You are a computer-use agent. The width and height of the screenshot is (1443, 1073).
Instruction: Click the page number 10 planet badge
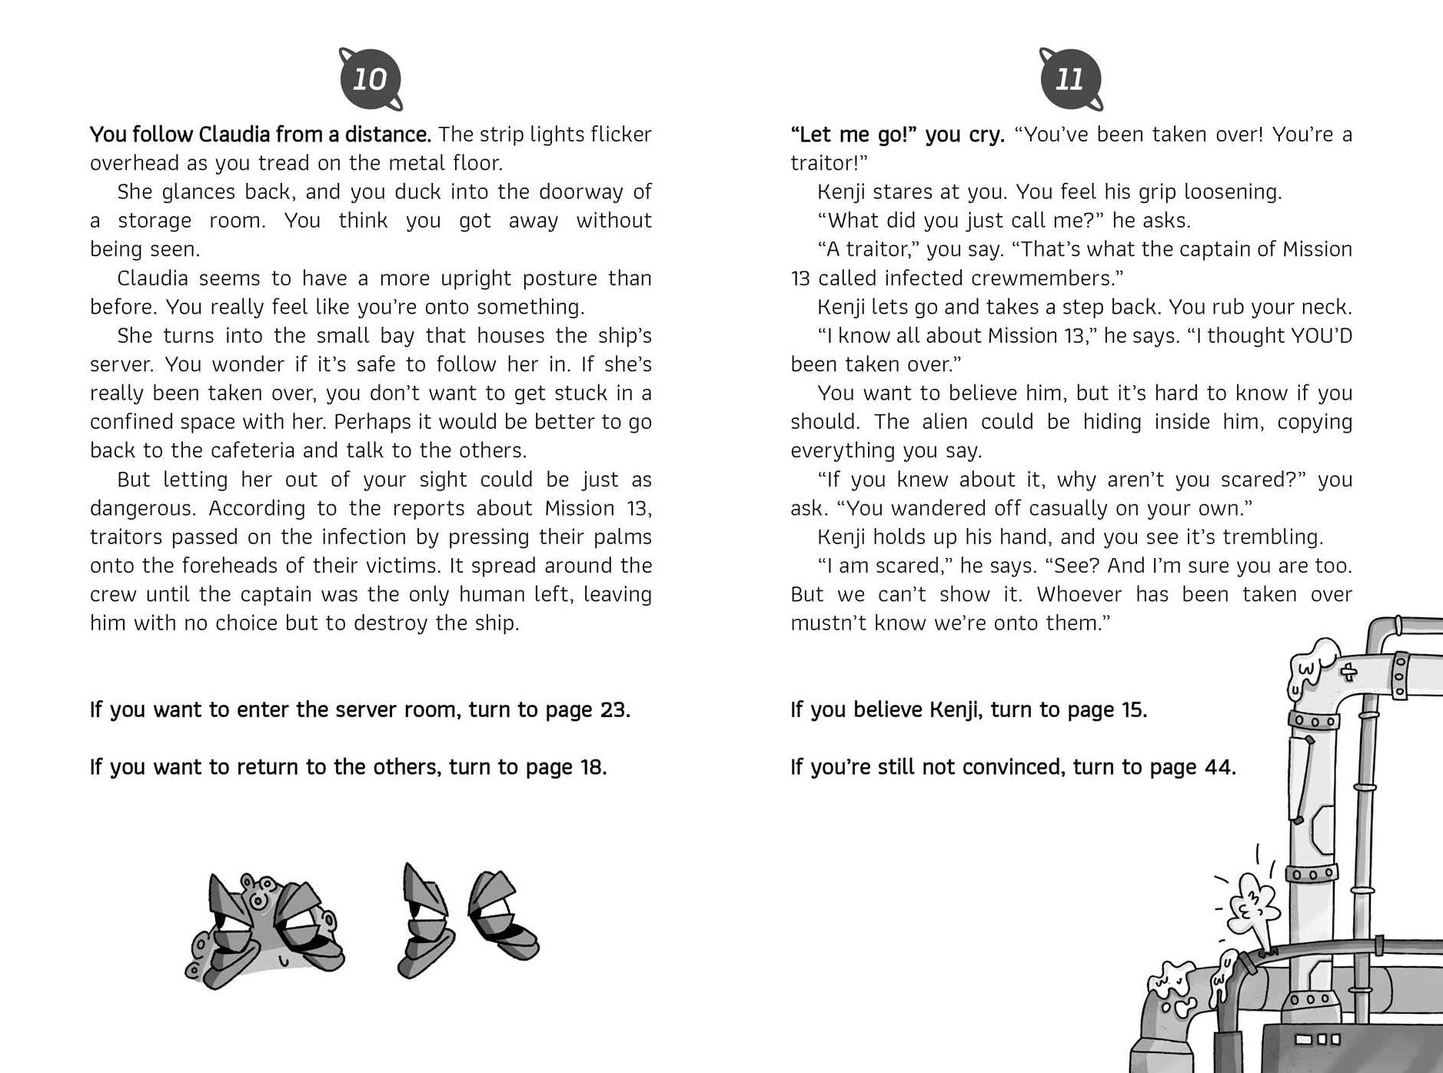point(370,79)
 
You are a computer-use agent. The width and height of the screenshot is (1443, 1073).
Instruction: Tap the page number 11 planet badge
point(1070,79)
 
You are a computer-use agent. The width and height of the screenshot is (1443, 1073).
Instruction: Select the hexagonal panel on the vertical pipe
point(1325,829)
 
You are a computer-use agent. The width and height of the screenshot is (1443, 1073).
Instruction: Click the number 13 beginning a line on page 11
point(800,278)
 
